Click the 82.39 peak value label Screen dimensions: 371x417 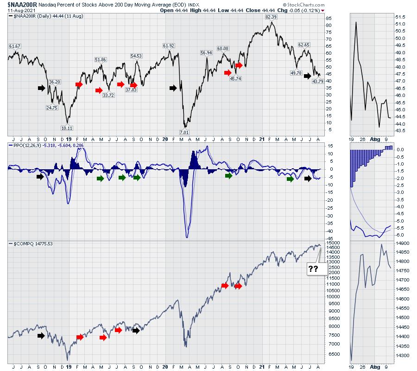click(x=271, y=17)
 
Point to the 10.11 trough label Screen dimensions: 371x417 click(x=67, y=128)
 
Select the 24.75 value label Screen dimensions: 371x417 click(x=51, y=108)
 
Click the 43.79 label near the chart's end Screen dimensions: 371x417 click(x=317, y=81)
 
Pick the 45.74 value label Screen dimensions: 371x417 click(x=236, y=78)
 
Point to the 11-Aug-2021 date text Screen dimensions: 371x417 click(x=19, y=10)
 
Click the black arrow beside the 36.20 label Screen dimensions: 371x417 click(x=42, y=87)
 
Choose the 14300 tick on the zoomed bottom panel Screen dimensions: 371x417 click(x=403, y=355)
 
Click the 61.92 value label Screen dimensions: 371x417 click(x=169, y=45)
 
